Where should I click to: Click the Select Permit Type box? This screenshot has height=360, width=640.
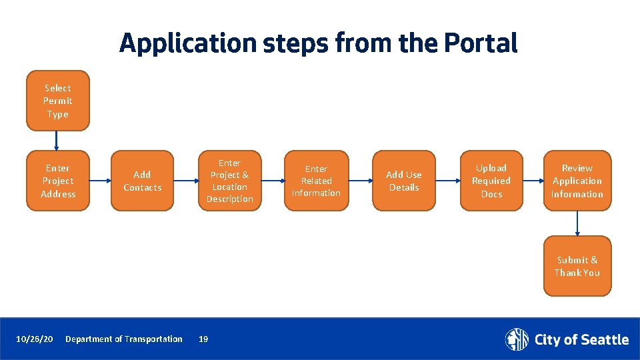coord(57,101)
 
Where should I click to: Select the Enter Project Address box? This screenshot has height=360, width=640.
coord(57,181)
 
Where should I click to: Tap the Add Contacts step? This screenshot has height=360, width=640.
coord(142,181)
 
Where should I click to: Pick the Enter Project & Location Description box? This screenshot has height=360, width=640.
coord(229,181)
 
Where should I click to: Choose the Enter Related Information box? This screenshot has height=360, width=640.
coord(316,181)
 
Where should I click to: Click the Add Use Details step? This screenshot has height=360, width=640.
coord(404,181)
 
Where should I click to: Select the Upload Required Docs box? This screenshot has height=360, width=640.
coord(491,181)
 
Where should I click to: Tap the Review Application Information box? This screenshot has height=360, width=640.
coord(577,181)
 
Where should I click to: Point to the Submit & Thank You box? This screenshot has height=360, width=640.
coord(577,266)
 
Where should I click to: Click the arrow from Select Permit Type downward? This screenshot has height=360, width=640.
coord(57,140)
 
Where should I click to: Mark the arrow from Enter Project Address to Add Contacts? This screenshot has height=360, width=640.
coord(100,181)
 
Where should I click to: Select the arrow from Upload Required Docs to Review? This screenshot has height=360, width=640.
coord(533,181)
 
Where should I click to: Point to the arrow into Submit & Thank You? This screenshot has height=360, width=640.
coord(577,223)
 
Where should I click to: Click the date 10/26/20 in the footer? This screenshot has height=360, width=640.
coord(35,339)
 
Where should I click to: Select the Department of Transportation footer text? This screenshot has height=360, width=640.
coord(124,339)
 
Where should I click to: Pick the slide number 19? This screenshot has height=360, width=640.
coord(203,339)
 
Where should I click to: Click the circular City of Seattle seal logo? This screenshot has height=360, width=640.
coord(517,339)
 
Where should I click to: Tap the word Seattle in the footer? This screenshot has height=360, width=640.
coord(604,340)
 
